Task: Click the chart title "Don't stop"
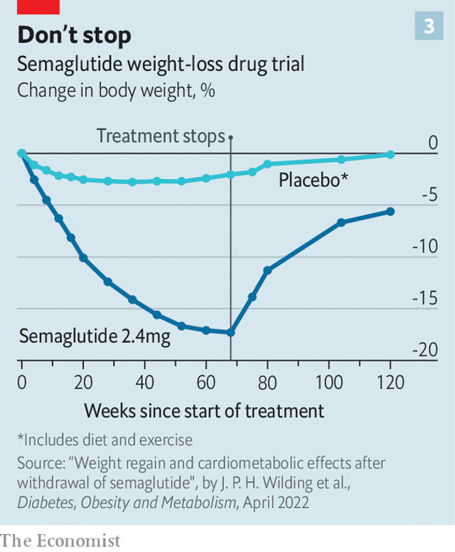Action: [x=75, y=35]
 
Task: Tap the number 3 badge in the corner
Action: [x=429, y=26]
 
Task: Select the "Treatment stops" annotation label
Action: [x=161, y=136]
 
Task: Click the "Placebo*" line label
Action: [x=313, y=180]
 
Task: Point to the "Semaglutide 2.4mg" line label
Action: [x=95, y=336]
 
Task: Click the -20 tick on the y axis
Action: [x=424, y=350]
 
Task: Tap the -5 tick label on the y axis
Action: [x=427, y=195]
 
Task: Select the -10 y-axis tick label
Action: [x=424, y=247]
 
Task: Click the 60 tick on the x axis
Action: [x=205, y=383]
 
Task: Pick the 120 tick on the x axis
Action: [x=390, y=383]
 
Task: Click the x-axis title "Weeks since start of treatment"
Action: [x=204, y=411]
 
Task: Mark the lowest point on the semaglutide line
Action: [x=230, y=332]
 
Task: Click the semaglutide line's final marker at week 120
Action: [x=390, y=211]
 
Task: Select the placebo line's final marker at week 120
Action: [x=390, y=154]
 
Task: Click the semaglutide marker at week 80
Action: [x=267, y=270]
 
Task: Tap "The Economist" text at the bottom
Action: [x=60, y=541]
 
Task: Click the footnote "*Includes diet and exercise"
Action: [x=105, y=440]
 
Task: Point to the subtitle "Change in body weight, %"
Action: [x=116, y=91]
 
